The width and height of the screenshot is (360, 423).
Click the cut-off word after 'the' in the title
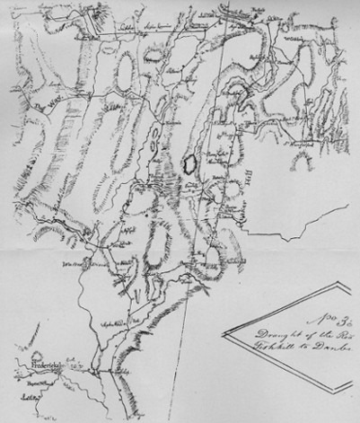point(340,334)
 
